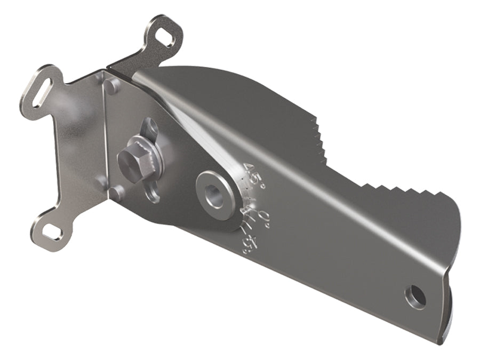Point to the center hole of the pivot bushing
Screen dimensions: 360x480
tap(214, 196)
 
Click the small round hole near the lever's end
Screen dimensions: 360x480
tap(415, 296)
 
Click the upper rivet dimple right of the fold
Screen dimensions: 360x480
tap(110, 85)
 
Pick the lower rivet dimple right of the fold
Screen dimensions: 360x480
tap(116, 191)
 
